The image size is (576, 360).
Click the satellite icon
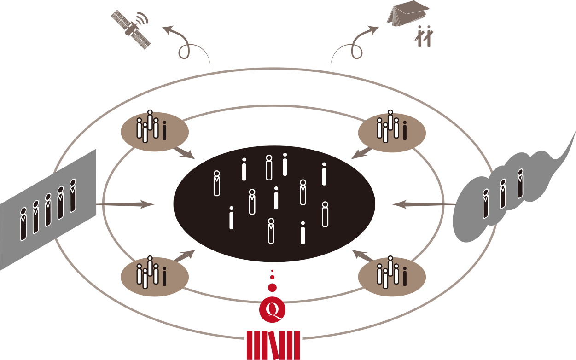(x=131, y=30)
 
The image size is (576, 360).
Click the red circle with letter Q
(x=273, y=310)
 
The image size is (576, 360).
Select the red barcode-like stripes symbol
(x=273, y=345)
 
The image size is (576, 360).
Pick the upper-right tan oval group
(x=392, y=131)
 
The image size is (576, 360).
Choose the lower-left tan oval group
(x=155, y=276)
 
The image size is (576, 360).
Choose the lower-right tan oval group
(x=392, y=276)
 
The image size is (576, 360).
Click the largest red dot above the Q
(x=272, y=288)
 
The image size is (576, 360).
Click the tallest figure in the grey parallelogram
(x=23, y=226)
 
